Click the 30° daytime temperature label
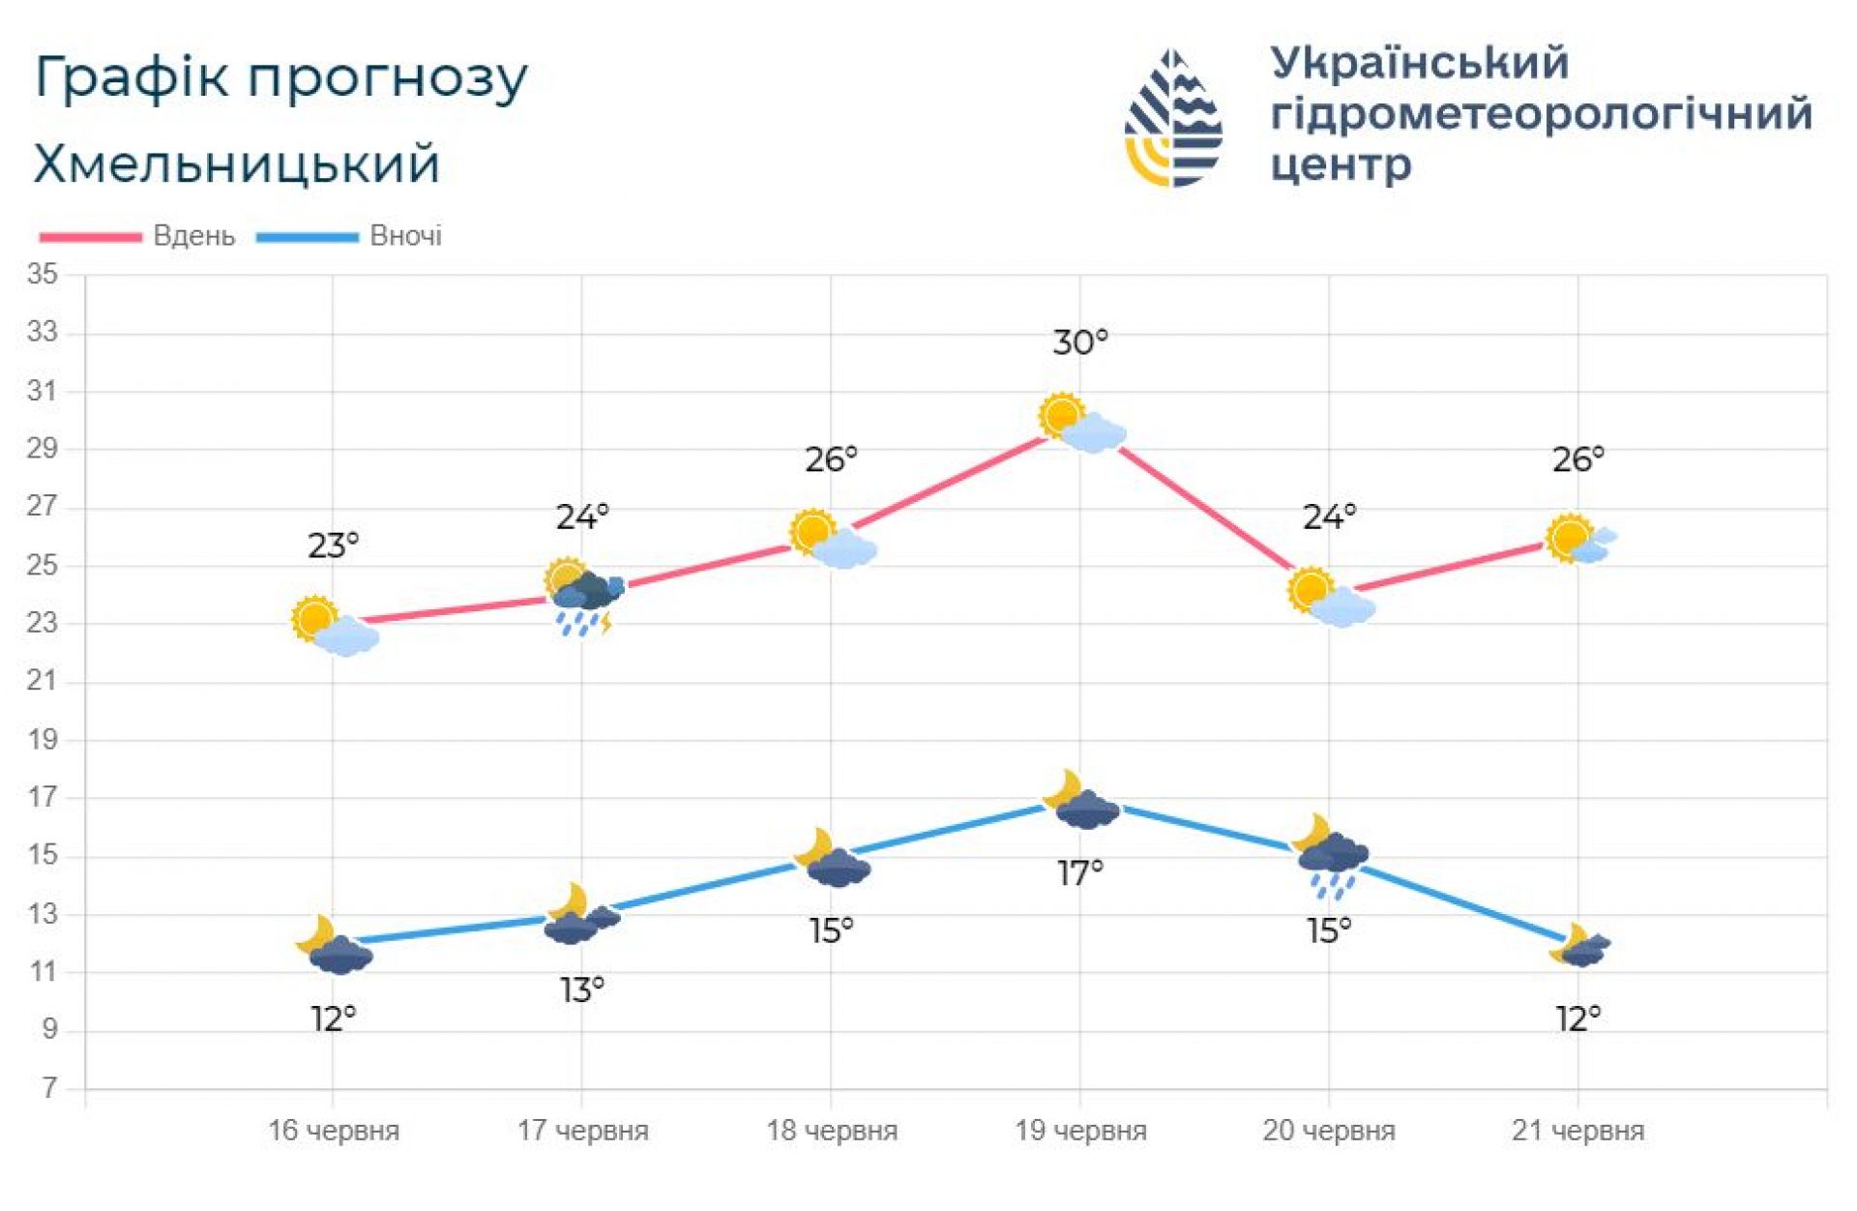click(1079, 342)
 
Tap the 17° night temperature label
click(1079, 873)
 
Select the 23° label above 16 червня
click(333, 546)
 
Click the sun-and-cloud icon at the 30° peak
click(1081, 424)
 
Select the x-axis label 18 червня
click(832, 1130)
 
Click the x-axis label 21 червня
click(1577, 1130)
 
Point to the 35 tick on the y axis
click(43, 275)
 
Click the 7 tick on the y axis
click(49, 1088)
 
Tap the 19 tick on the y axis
click(43, 740)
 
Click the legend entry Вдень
click(193, 236)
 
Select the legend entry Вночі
click(405, 236)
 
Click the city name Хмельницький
click(237, 163)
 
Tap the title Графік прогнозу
click(280, 77)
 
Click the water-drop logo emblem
click(1173, 118)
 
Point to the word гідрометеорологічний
click(1541, 114)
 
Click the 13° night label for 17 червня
click(582, 990)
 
